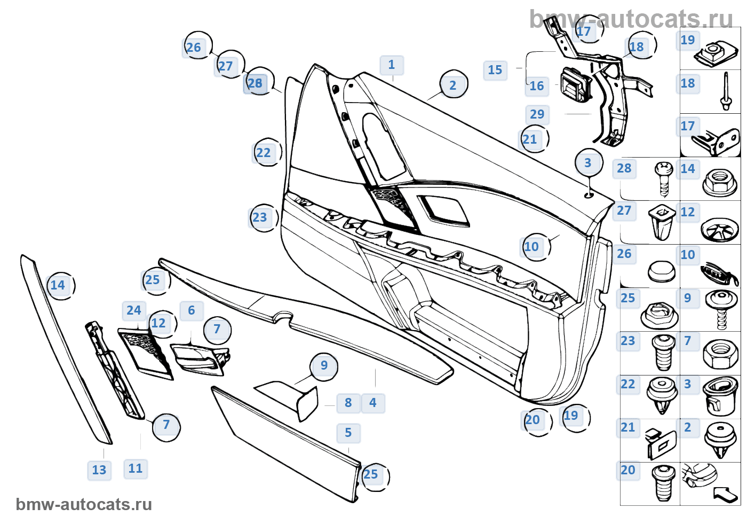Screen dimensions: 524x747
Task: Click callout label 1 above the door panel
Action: click(x=392, y=65)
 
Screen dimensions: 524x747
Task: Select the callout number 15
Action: click(x=495, y=70)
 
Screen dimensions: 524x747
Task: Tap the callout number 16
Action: click(x=536, y=86)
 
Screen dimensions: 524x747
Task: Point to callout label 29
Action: click(x=537, y=114)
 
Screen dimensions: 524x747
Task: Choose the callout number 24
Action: click(x=134, y=310)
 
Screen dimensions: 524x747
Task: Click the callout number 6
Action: click(x=192, y=310)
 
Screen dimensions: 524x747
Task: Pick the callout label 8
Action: click(x=348, y=403)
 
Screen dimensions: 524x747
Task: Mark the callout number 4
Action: click(x=373, y=403)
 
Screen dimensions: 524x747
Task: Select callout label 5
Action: click(x=348, y=433)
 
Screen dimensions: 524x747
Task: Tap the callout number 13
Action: click(x=99, y=470)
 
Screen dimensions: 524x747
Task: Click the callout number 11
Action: click(x=136, y=468)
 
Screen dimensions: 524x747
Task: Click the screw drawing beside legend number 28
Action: click(x=664, y=178)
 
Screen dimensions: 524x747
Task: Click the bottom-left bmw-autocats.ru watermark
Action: click(x=84, y=504)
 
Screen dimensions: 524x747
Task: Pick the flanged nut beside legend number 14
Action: click(x=720, y=182)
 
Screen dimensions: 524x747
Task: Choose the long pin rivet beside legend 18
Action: click(x=725, y=91)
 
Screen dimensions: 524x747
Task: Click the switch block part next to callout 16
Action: click(x=575, y=84)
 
